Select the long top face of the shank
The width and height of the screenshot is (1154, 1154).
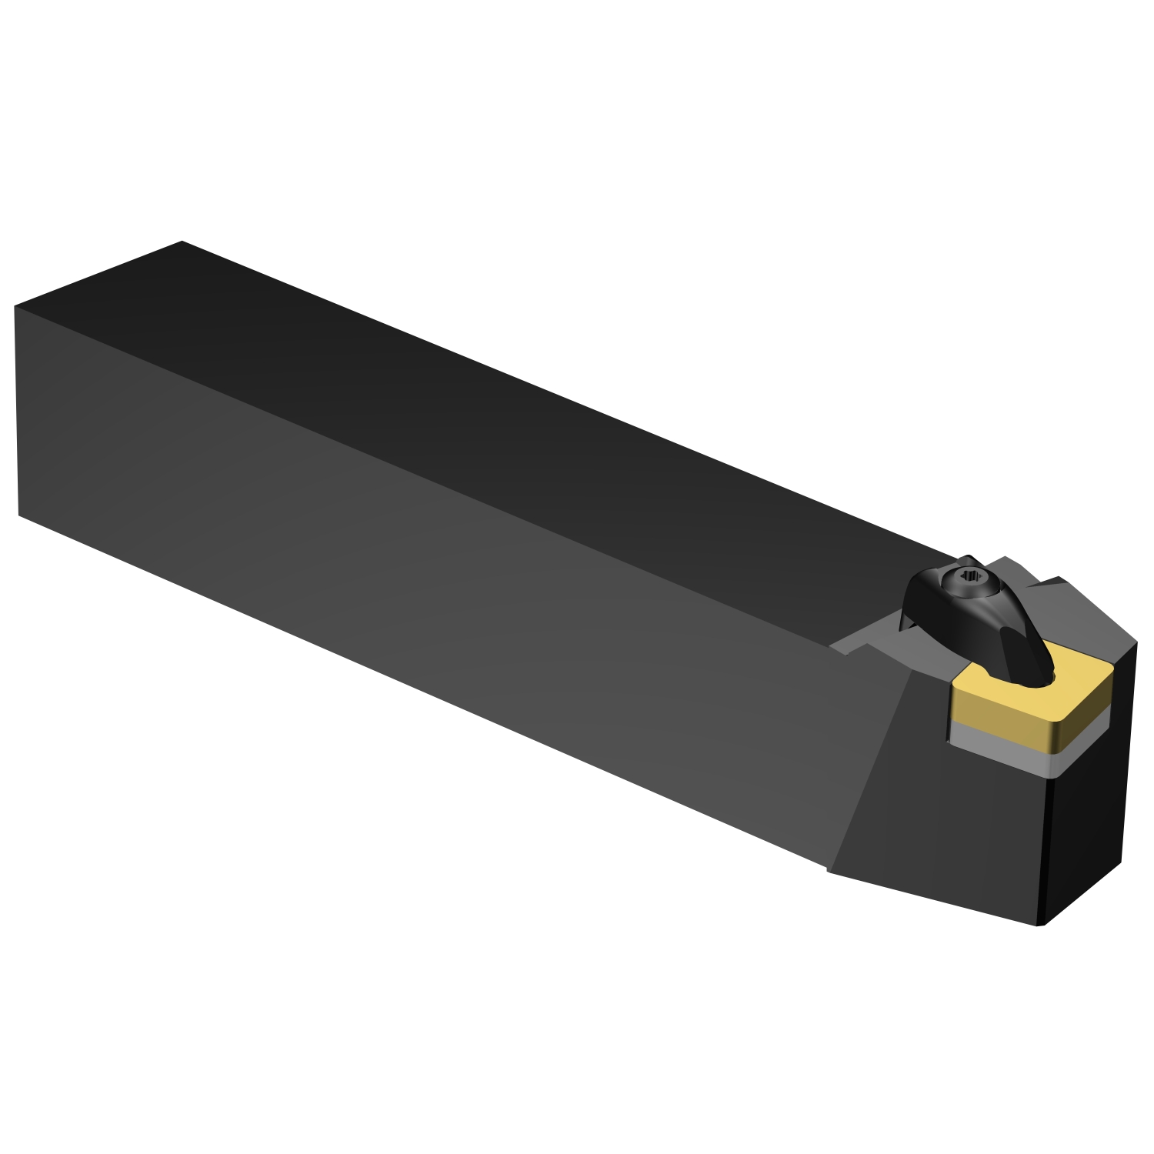[500, 400]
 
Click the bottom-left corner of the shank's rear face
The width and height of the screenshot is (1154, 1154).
[18, 515]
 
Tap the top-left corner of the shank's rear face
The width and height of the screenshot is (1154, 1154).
[15, 306]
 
